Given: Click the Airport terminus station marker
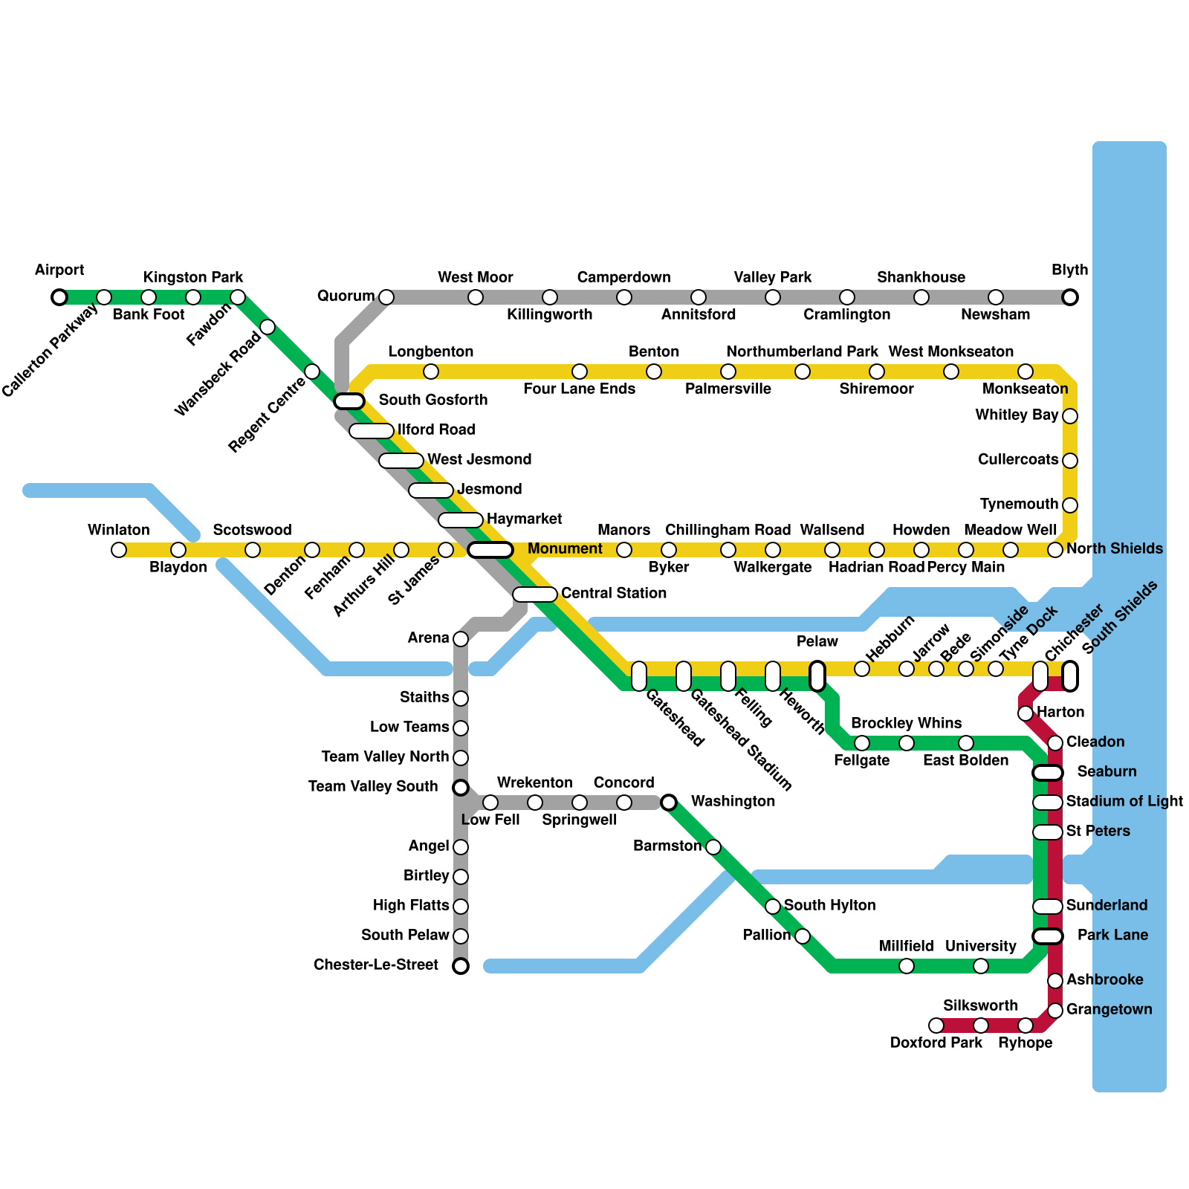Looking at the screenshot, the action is [59, 297].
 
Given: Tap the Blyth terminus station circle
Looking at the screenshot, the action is [1070, 297].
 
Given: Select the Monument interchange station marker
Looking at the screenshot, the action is [490, 550].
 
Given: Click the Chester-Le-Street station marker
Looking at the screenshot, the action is [461, 966].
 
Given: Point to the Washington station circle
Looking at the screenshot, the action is [669, 803].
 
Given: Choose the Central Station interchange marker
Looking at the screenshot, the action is [535, 594].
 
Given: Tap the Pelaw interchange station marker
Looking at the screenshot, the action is [817, 676].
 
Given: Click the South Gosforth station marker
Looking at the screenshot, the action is [349, 401].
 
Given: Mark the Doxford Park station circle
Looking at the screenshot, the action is [936, 1026].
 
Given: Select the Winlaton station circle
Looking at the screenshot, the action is [119, 550].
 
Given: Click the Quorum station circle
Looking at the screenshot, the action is [386, 297].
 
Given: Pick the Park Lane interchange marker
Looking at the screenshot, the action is [1048, 936].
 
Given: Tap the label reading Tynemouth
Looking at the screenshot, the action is [1019, 505].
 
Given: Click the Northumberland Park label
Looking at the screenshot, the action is [802, 351].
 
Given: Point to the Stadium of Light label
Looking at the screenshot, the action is [1124, 801].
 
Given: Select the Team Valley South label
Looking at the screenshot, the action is [373, 786].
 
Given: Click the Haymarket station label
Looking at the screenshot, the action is [524, 519].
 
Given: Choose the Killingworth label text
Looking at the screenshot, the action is [549, 314].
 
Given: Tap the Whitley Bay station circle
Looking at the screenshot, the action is [1070, 416].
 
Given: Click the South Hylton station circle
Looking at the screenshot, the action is [773, 907].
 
